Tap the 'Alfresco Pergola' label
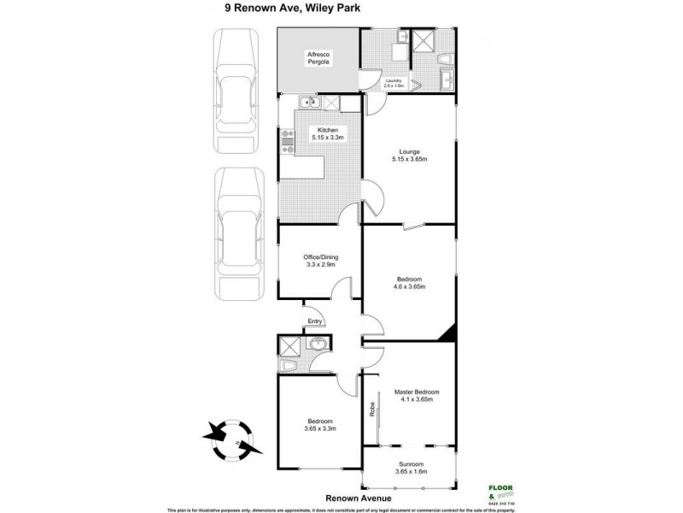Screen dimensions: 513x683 click(x=318, y=59)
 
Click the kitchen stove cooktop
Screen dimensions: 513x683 click(x=287, y=144)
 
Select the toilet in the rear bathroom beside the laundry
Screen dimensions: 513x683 click(x=443, y=62)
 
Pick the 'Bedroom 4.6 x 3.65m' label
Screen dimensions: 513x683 click(x=409, y=282)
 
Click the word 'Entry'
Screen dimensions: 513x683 click(x=315, y=321)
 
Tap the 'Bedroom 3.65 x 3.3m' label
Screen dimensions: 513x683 click(x=319, y=425)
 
